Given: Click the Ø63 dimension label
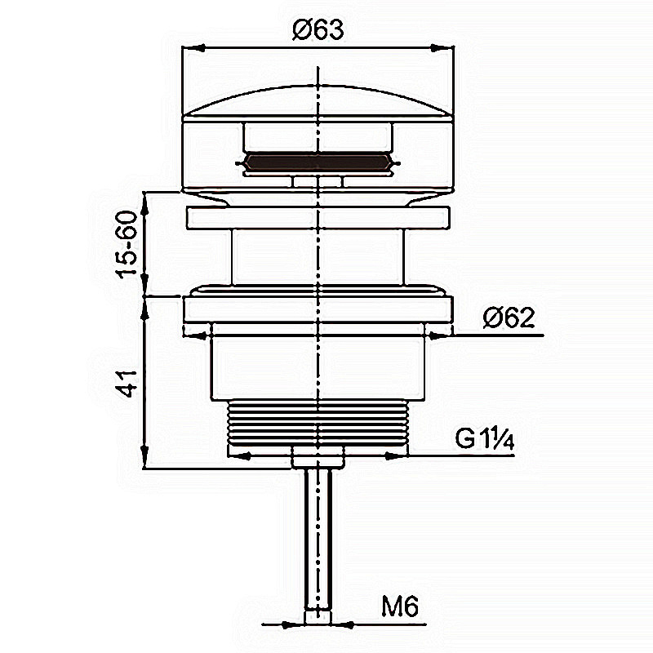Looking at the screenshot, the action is pos(318,29).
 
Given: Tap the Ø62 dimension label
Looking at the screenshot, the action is pos(509,318).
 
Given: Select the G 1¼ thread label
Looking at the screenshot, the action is pos(484,438).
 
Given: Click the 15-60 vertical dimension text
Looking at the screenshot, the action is pos(127,244).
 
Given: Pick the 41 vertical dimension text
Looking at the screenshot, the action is pos(127,383).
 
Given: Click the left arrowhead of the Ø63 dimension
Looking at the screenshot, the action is pos(193,48).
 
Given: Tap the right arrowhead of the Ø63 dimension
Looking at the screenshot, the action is pos(442,48).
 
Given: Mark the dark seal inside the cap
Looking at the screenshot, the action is pos(318,162).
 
